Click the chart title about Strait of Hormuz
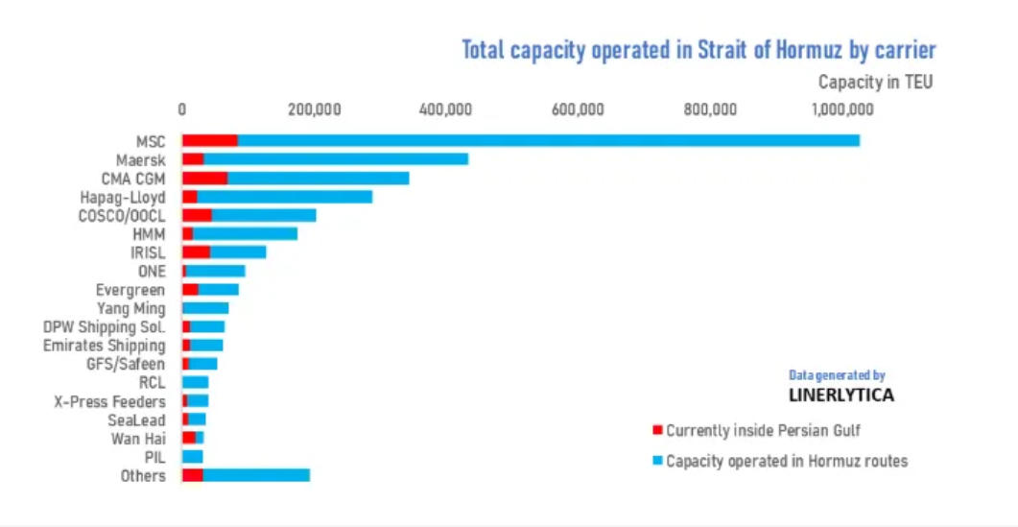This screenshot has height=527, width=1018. coord(698,50)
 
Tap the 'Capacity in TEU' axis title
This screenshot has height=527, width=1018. coord(875,83)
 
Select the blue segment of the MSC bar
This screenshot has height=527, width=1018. coord(548,140)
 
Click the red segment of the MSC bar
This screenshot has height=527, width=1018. coord(209,140)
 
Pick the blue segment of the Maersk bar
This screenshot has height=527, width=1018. coord(336,159)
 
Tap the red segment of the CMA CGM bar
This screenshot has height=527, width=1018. coord(204,178)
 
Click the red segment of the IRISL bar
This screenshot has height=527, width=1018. coord(196,252)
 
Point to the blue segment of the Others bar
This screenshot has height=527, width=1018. coord(256,475)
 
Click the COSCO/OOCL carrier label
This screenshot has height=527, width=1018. coord(122,215)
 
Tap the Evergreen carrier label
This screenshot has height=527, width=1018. coord(130,290)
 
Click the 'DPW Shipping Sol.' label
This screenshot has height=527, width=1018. coord(105,327)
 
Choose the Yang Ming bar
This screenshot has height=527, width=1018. coord(205,308)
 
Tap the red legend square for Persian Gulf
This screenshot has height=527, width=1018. coord(657,430)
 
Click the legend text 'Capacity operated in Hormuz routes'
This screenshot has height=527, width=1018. coord(787,461)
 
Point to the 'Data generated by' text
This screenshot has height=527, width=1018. coord(837,375)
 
